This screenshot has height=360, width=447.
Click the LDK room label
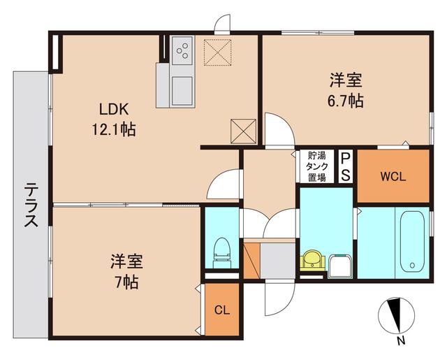click(112, 109)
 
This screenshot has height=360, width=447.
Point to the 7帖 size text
click(126, 283)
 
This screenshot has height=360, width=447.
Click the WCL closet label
click(393, 176)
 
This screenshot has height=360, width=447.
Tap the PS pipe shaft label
click(346, 166)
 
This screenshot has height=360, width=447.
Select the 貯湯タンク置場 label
click(316, 167)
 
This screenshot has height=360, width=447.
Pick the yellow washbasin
click(312, 261)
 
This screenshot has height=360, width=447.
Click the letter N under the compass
click(400, 342)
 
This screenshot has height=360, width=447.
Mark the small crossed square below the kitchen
click(244, 129)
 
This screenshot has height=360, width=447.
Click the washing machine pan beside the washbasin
click(342, 266)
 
